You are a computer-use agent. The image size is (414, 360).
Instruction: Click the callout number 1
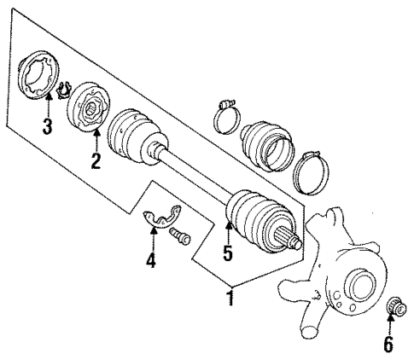point(229,298)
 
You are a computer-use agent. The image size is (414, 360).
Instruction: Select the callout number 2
point(96,160)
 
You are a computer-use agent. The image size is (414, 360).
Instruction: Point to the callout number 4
point(150,260)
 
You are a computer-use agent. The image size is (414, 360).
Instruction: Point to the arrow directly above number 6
point(392,324)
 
